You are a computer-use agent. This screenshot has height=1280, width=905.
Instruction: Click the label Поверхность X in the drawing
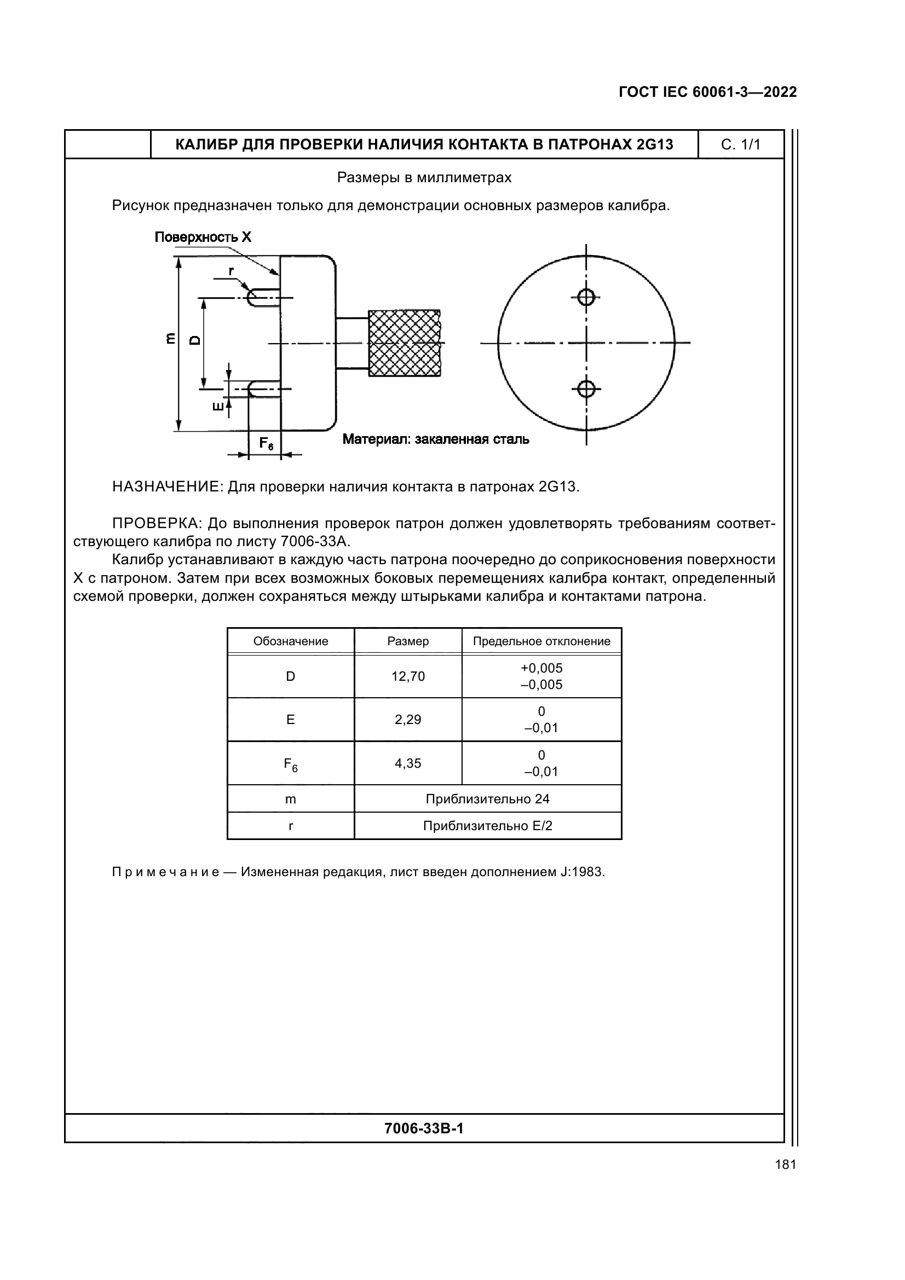pos(203,238)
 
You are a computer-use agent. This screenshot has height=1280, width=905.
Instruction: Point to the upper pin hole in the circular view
pos(585,297)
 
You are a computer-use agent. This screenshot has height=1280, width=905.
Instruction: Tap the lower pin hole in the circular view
pos(585,388)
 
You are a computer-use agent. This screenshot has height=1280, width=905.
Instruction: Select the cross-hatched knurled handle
pos(403,343)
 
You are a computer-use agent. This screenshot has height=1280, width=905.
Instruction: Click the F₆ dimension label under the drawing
pos(266,444)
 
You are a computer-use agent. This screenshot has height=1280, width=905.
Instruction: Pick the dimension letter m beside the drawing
pos(171,338)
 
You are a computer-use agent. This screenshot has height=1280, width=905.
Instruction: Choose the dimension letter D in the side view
pos(194,340)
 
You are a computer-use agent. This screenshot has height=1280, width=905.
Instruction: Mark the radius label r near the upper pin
pos(231,271)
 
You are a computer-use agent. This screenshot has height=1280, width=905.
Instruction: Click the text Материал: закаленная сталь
pos(435,439)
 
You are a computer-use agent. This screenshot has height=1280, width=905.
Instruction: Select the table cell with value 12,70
pos(408,676)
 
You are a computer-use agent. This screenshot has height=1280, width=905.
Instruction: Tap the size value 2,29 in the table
pos(408,719)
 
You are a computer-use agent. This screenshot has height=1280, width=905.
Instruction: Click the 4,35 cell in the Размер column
pos(408,763)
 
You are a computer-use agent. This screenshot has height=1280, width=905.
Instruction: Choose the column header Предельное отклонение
pos(541,641)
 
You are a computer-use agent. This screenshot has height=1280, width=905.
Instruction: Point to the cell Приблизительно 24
pos(487,799)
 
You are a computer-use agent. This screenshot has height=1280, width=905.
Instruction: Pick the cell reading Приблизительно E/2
pos(487,826)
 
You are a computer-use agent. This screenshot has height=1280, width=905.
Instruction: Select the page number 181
pos(785,1165)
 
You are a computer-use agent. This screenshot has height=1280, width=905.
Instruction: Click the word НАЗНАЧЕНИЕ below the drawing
pos(168,486)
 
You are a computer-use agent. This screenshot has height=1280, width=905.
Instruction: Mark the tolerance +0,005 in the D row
pos(541,668)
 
